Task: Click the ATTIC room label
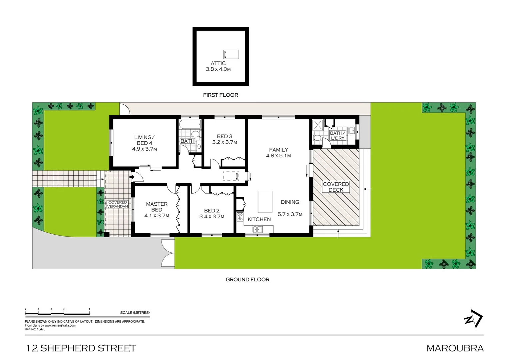point(218,63)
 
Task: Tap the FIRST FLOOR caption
point(221,95)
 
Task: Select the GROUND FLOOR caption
point(248,280)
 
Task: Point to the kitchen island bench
point(265,202)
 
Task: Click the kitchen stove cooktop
point(240,217)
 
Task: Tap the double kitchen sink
point(257,229)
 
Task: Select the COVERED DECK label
point(336,187)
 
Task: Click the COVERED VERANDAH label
point(118,204)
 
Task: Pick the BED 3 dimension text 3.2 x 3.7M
point(225,142)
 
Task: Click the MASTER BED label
point(157,207)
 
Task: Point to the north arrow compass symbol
point(473,319)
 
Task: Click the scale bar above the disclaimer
point(58,314)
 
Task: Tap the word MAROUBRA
point(455,348)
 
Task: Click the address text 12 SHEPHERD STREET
point(81,348)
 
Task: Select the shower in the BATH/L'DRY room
point(317,125)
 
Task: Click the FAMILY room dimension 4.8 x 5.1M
point(278,156)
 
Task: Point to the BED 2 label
point(212,211)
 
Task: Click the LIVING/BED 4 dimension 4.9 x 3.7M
point(145,149)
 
